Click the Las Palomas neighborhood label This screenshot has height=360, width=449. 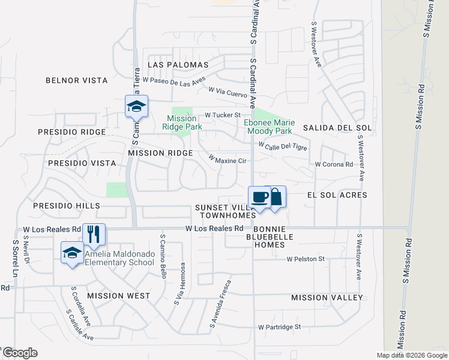tap(178, 65)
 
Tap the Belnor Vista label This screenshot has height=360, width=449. tap(77, 80)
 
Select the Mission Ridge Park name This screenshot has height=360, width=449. tap(183, 123)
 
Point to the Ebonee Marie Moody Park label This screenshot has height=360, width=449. tap(268, 127)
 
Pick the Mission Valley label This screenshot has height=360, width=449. tap(327, 298)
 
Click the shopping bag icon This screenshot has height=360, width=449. tap(276, 196)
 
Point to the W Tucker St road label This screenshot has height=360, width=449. tap(222, 115)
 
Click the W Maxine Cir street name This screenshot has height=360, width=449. tap(228, 160)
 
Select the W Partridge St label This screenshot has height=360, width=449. tap(279, 327)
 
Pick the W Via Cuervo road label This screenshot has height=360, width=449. tap(228, 91)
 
